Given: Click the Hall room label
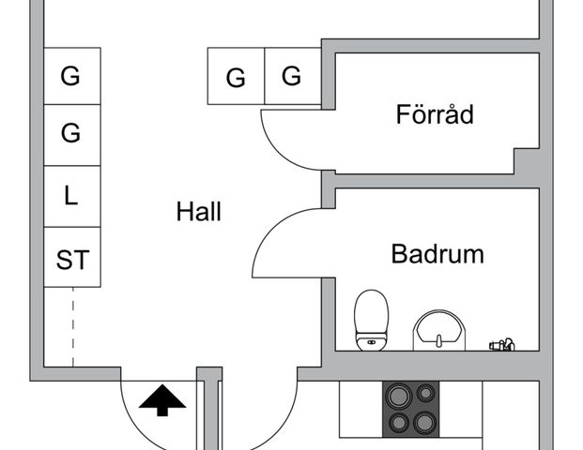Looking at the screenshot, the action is coord(198,212).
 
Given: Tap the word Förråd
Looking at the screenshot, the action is coord(435,114).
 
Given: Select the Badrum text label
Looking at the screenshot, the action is coord(437,254).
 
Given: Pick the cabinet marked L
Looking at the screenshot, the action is coord(72,197).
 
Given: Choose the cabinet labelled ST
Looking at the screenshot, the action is coord(72,257).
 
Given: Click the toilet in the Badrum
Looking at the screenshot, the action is coord(371,320).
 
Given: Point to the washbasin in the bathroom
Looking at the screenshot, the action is coord(439,330).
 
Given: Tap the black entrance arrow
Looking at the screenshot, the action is coord(162,400).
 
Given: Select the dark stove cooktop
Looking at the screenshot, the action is coord(411,409).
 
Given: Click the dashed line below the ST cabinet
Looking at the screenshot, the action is coord(73,327).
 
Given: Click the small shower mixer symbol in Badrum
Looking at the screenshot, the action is coord(502,345).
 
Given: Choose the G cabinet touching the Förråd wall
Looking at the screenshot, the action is coord(293,76).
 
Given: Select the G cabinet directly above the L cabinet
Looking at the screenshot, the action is coord(72,135).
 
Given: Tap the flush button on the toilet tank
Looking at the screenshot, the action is coord(371,341).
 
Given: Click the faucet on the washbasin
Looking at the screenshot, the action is coord(439,340).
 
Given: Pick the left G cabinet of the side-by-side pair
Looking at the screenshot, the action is coord(236,76).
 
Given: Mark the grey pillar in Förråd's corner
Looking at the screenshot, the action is coord(527,161).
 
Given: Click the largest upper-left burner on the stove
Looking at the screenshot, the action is coord(399,396).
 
